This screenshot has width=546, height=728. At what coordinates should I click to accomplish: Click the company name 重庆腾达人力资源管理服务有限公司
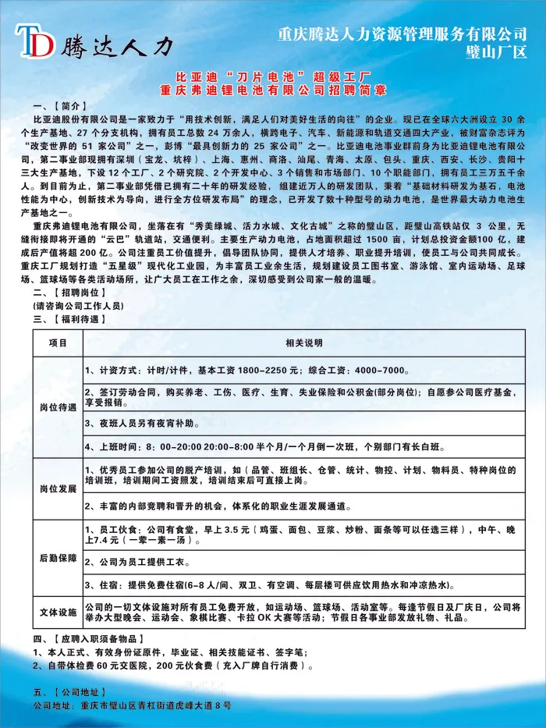402,34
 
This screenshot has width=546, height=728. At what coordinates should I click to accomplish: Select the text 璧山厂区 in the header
496,53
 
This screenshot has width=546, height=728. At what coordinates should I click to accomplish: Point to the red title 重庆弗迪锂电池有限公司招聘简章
272,91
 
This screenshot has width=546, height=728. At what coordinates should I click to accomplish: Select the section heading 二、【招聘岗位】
71,291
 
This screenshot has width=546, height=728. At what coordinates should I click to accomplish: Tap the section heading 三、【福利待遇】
71,319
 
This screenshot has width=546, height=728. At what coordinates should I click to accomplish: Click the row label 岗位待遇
58,407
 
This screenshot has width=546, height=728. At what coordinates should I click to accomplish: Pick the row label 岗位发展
58,488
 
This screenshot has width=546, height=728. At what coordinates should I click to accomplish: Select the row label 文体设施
58,611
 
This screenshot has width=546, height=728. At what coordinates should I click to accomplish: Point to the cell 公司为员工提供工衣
148,561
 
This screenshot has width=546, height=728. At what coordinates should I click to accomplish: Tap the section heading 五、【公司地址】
71,692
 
